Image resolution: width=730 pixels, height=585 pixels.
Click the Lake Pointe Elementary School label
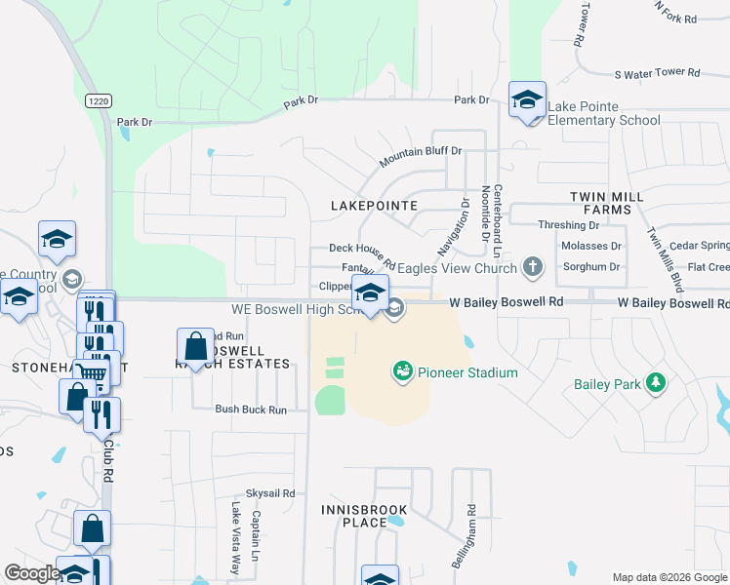point(604,113)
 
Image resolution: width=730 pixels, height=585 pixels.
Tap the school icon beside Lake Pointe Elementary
point(527,99)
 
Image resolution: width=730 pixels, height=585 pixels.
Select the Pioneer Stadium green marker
point(402,371)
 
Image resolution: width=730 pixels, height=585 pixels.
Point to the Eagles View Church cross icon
point(532,266)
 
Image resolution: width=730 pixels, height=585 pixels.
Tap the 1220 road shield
point(97,100)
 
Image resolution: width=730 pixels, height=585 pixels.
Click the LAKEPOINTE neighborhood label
point(374,206)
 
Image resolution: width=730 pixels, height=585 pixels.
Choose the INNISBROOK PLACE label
point(354,516)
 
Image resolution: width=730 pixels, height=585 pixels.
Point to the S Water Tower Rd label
point(657,73)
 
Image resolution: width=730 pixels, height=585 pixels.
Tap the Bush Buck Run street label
point(251,410)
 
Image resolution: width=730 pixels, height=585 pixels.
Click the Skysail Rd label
point(270,494)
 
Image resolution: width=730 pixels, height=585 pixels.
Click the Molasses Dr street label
point(591,247)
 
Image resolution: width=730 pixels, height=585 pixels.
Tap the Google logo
point(32,573)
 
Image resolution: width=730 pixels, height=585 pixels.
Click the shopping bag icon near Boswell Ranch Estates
point(195,345)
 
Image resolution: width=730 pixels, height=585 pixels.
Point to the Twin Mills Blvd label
point(665,259)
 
